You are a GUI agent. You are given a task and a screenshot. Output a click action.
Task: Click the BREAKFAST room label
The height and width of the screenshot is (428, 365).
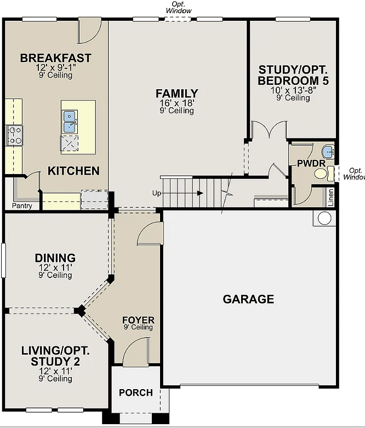coord(55,58)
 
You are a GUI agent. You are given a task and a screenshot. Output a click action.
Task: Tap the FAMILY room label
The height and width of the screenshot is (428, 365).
coord(177,94)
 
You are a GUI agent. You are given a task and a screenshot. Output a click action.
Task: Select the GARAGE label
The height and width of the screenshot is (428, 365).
coord(248,299)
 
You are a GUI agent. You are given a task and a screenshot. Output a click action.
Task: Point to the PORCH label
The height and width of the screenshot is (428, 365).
coord(136,392)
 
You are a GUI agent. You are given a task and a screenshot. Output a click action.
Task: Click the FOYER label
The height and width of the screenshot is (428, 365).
coord(138,320)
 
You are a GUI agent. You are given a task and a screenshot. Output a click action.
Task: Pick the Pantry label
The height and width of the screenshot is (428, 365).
coord(22,206)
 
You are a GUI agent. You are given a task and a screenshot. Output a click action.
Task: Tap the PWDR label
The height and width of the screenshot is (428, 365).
coord(311,163)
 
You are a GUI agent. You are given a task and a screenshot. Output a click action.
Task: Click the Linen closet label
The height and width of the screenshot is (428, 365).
coord(330,197)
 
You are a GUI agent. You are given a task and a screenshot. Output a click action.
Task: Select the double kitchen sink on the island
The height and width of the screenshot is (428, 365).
coord(70,122)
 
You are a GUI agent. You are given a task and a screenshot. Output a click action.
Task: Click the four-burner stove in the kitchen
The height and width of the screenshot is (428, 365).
coord(14,135)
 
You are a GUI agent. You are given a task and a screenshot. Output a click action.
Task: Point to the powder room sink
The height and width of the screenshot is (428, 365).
coord(328,152)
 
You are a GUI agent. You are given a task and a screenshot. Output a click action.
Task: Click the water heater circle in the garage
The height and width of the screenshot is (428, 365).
coord(324,218)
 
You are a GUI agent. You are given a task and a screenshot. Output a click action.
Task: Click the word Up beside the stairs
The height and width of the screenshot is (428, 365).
coord(157,193)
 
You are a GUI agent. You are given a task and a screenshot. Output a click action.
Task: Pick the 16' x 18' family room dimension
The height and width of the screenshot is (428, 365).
coord(177,103)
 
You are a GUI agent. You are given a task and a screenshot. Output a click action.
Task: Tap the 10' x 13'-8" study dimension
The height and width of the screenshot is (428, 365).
coord(293,90)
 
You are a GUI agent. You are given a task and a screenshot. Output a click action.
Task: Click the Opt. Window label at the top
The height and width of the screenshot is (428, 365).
coord(179,8)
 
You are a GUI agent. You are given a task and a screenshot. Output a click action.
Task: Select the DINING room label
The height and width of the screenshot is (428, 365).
coord(55,258)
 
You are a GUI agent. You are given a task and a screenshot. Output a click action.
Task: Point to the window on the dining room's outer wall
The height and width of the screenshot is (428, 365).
coord(3,261)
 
